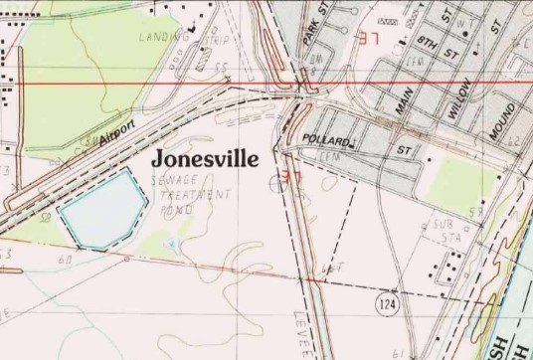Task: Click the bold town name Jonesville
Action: (205, 159)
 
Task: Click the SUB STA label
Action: (442, 231)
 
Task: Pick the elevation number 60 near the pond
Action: (66, 260)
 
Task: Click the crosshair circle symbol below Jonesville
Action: (275, 182)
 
